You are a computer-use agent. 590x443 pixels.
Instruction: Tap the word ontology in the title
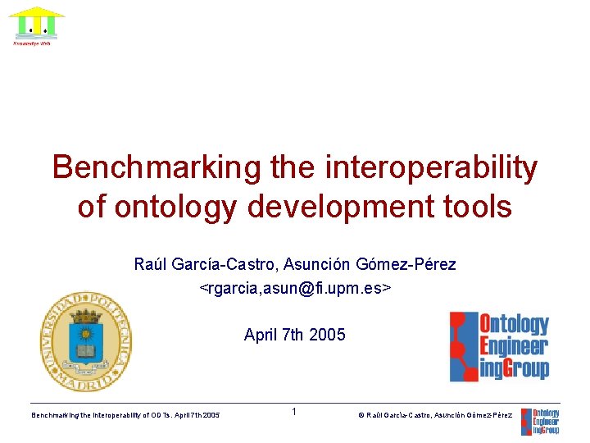166,206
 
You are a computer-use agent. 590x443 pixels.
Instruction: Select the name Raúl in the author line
150,265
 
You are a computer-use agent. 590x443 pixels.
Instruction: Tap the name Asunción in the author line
318,265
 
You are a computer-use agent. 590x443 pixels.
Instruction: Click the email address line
295,288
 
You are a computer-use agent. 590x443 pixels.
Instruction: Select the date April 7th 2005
295,335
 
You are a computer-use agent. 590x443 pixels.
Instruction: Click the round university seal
85,341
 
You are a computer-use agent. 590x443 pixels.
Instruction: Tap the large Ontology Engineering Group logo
499,346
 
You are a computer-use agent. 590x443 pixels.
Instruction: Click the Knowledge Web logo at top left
36,26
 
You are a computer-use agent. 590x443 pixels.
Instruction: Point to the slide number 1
293,412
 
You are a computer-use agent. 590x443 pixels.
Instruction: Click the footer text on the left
125,416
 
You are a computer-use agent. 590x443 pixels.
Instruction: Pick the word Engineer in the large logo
513,346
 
